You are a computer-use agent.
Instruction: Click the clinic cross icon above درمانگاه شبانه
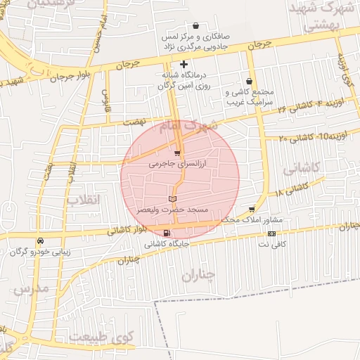pyautogui.click(x=184, y=64)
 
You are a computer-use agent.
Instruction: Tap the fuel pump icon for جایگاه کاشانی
pyautogui.click(x=166, y=233)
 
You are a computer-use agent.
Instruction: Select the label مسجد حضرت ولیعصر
pyautogui.click(x=173, y=210)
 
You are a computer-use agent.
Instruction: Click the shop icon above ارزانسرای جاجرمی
pyautogui.click(x=176, y=153)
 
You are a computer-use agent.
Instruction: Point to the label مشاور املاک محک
pyautogui.click(x=251, y=220)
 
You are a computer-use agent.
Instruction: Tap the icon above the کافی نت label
pyautogui.click(x=271, y=233)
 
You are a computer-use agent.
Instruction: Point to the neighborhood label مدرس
pyautogui.click(x=32, y=289)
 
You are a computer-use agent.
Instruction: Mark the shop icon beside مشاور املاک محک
pyautogui.click(x=252, y=210)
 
